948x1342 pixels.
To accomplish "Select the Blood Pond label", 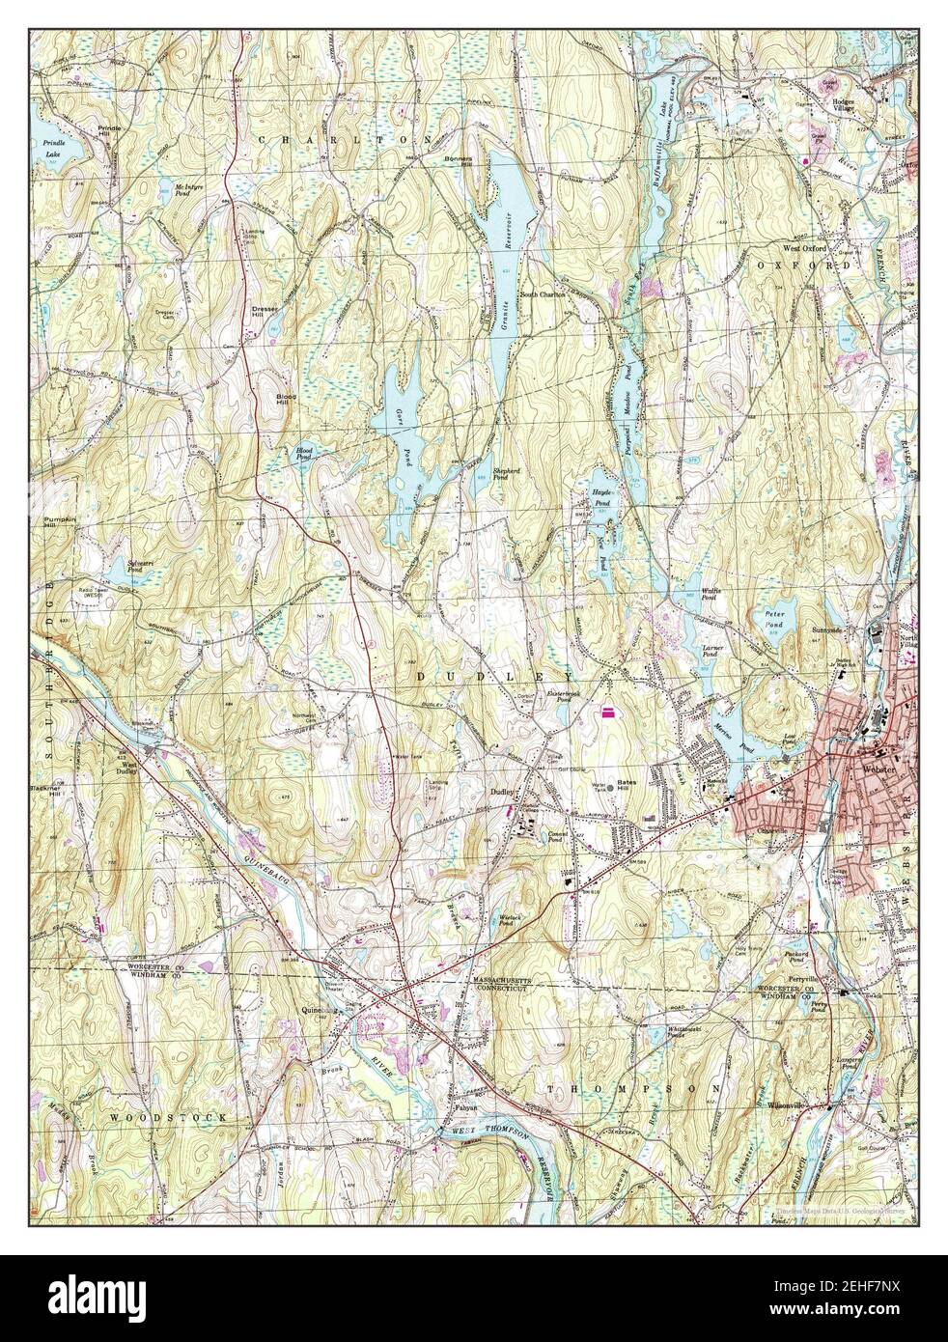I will click(x=305, y=452).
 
